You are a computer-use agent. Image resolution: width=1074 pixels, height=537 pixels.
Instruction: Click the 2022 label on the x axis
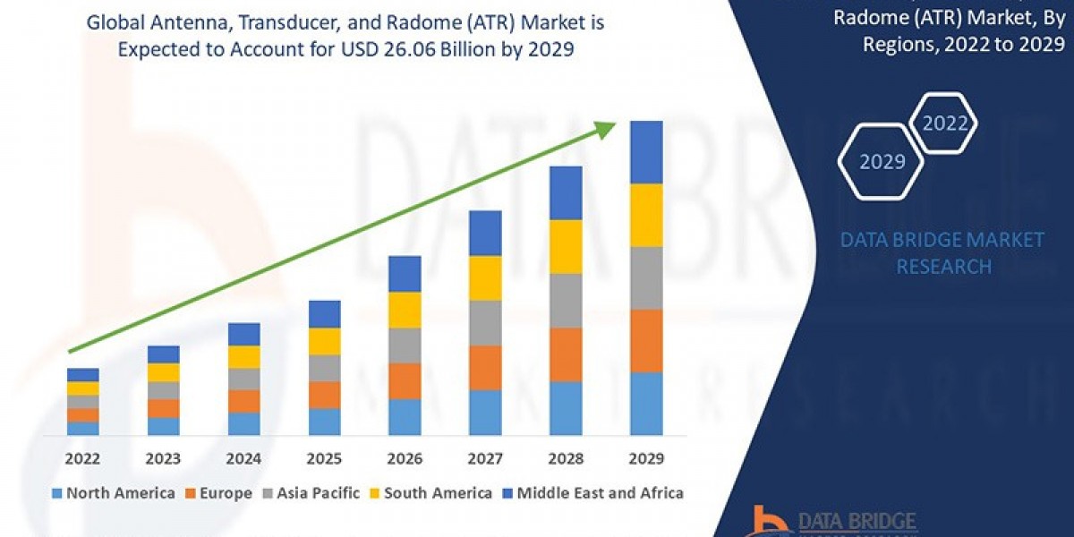[83, 458]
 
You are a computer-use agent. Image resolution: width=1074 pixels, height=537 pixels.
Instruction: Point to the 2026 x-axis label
[405, 458]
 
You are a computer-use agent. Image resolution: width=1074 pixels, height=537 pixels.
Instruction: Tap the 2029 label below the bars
[646, 458]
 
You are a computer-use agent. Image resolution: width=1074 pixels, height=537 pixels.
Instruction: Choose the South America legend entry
[430, 493]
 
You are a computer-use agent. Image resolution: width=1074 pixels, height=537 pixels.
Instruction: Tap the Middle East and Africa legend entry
[594, 493]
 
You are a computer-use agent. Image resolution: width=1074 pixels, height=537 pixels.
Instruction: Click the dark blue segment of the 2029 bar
[646, 152]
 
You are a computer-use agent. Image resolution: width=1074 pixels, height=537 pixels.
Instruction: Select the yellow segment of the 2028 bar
[566, 246]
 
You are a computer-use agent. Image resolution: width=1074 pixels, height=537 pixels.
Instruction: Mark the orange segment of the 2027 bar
[485, 367]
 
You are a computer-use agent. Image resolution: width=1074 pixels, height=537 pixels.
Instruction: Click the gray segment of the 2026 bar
[405, 345]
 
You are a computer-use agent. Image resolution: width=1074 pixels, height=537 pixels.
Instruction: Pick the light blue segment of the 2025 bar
[324, 421]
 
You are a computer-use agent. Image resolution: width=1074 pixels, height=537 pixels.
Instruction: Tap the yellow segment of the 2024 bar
[243, 356]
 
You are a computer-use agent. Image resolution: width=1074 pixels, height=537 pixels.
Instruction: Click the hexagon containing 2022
[944, 124]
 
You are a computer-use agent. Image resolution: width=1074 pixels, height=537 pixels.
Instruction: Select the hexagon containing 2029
[882, 162]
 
